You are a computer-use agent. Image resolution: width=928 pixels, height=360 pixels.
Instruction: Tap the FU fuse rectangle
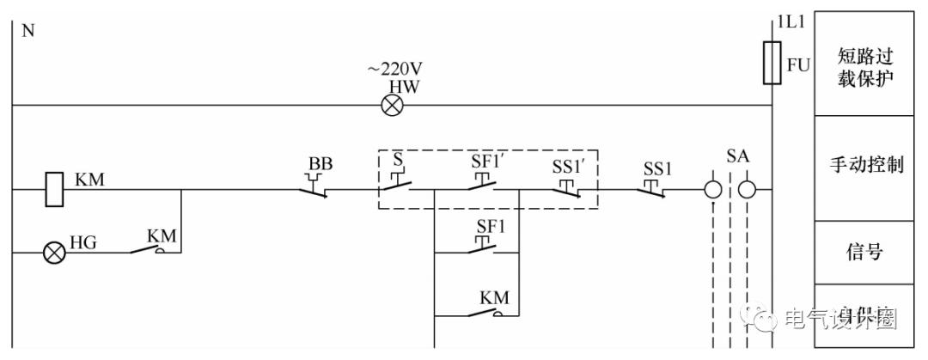tap(772, 64)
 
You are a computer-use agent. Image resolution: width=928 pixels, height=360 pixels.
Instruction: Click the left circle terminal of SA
tap(713, 189)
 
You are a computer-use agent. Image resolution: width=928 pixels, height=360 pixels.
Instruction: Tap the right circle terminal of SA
tap(748, 189)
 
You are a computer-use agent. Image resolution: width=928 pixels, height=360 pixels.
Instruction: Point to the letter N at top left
tap(26, 32)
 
